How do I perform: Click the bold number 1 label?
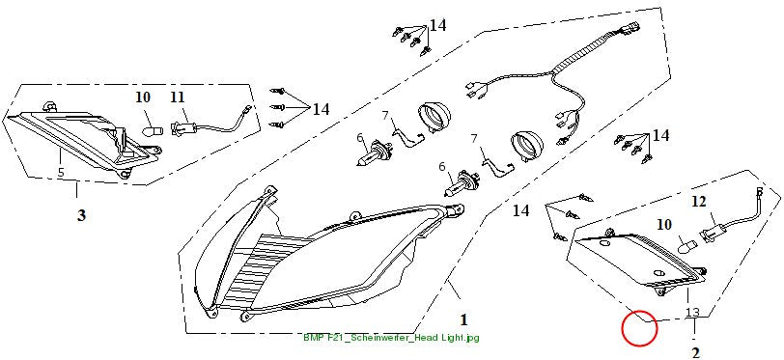pos(463,319)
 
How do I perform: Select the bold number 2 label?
pos(695,353)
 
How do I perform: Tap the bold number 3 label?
pos(81,215)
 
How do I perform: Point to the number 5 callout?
pos(61,173)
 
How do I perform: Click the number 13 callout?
pos(692,313)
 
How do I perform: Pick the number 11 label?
pos(178,97)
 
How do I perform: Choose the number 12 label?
pos(700,202)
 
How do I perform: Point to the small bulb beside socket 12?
pos(686,245)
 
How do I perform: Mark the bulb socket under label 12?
pos(713,233)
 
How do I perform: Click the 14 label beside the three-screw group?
pos(321,109)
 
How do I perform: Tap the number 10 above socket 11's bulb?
pos(143,97)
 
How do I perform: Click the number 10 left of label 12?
pos(664,225)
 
